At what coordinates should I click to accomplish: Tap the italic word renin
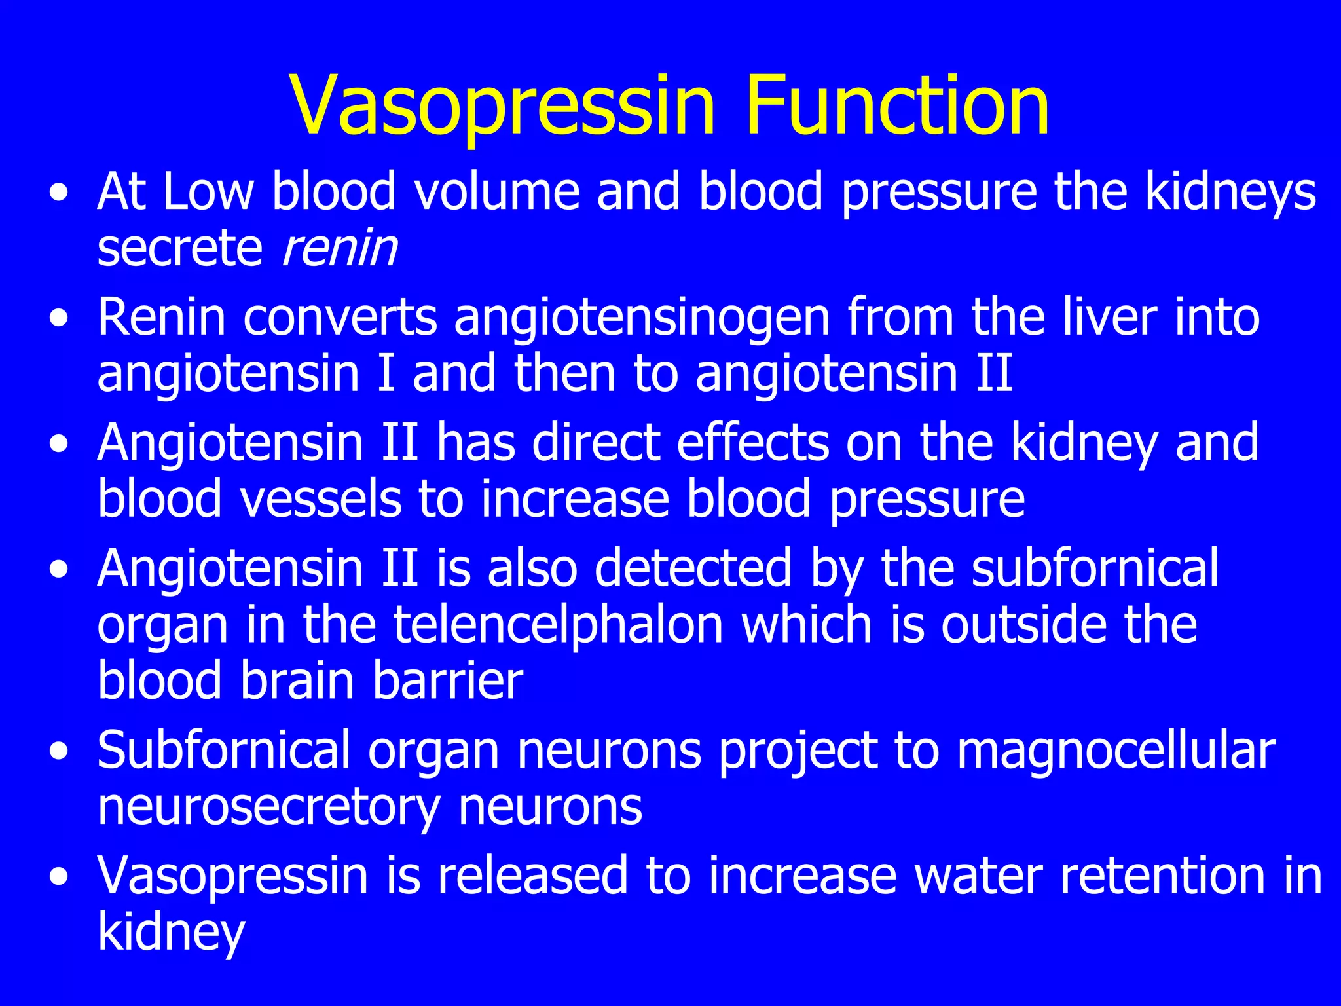click(339, 249)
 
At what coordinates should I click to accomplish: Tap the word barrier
click(447, 681)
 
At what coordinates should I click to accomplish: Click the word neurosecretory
click(268, 808)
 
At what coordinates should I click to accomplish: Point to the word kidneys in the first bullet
click(1230, 193)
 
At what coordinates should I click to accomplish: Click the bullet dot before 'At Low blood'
click(60, 194)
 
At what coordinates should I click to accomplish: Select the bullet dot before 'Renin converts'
click(60, 320)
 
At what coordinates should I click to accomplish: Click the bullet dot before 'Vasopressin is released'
click(60, 878)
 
